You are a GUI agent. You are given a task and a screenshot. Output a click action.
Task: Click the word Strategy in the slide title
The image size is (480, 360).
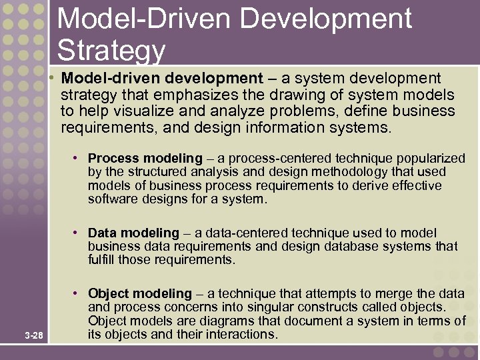[111, 50]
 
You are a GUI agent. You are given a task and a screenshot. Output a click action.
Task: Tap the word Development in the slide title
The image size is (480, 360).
[326, 19]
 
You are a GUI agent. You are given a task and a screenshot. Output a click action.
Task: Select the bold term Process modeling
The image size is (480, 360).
[145, 159]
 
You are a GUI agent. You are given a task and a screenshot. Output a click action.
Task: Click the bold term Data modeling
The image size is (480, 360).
[133, 233]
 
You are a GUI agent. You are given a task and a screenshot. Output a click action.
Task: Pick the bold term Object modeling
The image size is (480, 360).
[139, 294]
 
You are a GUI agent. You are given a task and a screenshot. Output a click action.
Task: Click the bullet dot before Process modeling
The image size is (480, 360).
[77, 158]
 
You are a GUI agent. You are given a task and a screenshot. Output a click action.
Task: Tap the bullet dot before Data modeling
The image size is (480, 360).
[77, 233]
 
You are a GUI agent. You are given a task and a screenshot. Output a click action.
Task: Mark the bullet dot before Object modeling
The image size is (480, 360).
[77, 293]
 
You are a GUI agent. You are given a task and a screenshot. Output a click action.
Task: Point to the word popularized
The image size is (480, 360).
[431, 159]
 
